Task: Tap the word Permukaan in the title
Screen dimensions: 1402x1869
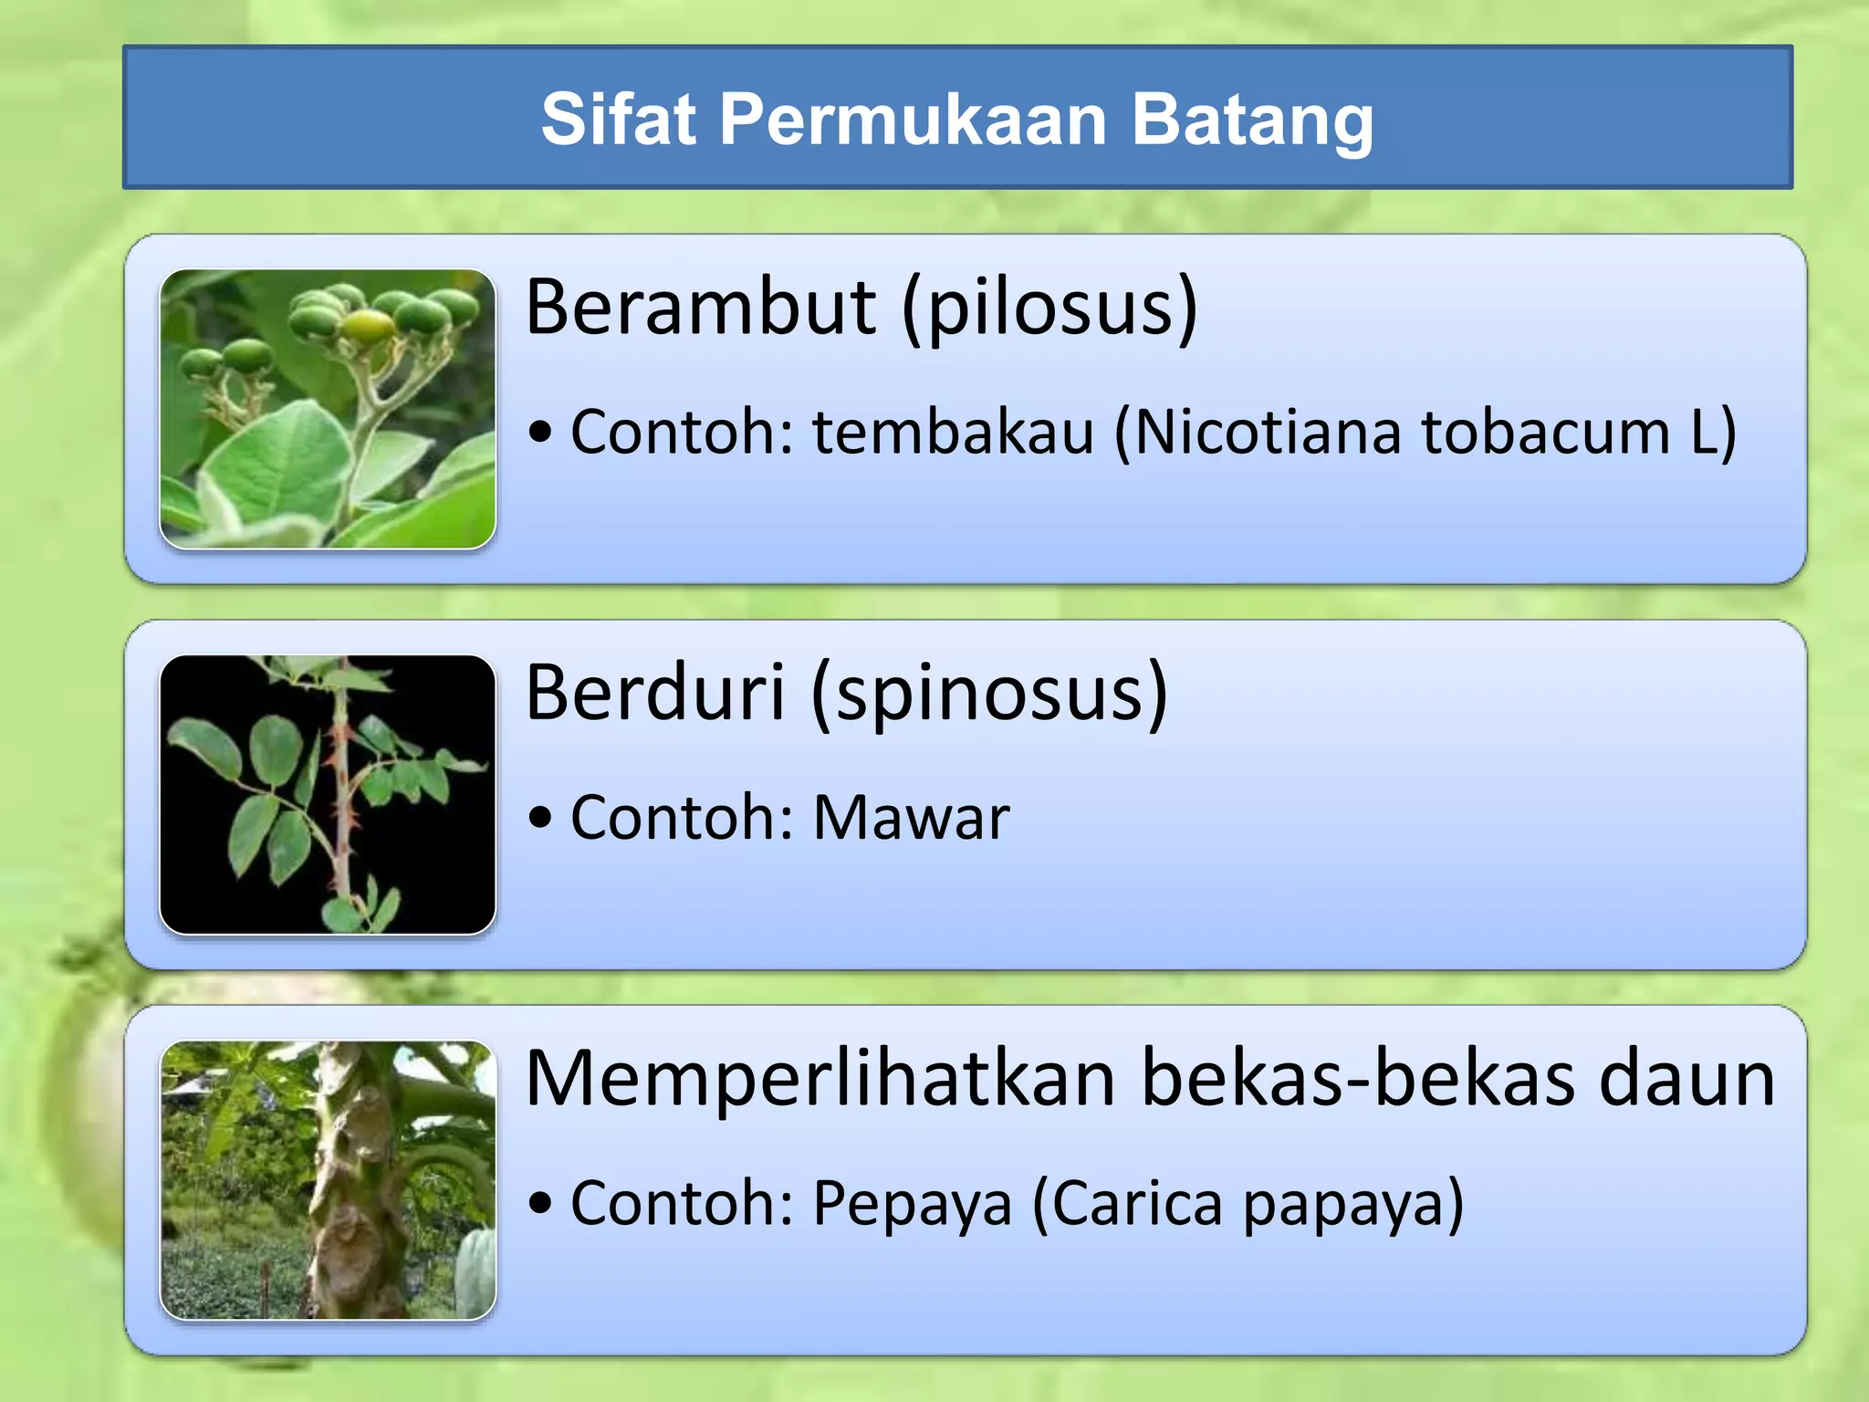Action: point(913,119)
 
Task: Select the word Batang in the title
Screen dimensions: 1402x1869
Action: point(1252,120)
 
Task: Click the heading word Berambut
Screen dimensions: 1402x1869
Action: point(701,307)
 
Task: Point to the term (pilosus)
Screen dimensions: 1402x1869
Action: point(1049,309)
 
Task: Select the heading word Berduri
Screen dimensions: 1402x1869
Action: point(655,693)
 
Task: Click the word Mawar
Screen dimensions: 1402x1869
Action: point(911,818)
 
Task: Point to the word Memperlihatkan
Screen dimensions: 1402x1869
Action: point(820,1079)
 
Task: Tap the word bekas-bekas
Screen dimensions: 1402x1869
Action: point(1358,1079)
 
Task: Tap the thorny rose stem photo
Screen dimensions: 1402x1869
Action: point(328,794)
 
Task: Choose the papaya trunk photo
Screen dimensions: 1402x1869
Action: point(328,1180)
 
